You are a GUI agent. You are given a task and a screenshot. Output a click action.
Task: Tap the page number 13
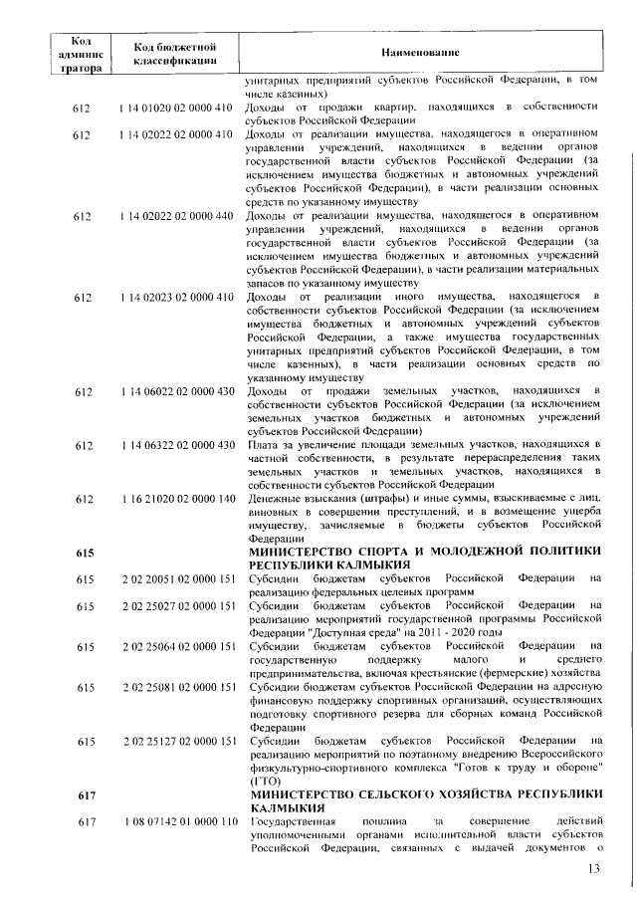[594, 869]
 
